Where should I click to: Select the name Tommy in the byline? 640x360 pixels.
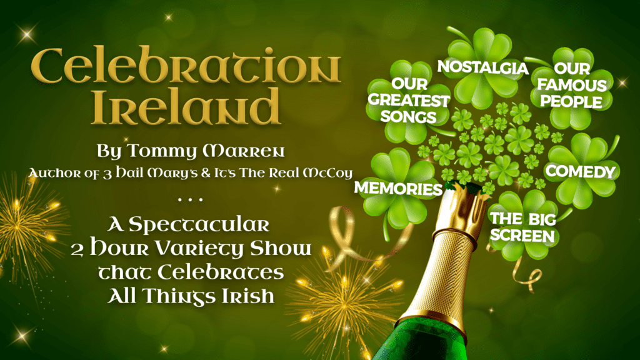coord(161,151)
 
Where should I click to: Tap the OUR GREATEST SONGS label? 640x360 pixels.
coord(409,101)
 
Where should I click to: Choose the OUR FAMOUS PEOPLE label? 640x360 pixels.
coord(572,85)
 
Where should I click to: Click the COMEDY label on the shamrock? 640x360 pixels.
coord(581,171)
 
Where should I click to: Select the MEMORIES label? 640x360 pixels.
coord(398,188)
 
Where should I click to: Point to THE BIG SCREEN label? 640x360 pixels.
coord(523,227)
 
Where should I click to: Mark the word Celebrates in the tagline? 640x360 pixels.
coord(221,272)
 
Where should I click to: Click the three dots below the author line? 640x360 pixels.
coord(190,200)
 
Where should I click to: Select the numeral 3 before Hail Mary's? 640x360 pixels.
coord(107,174)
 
